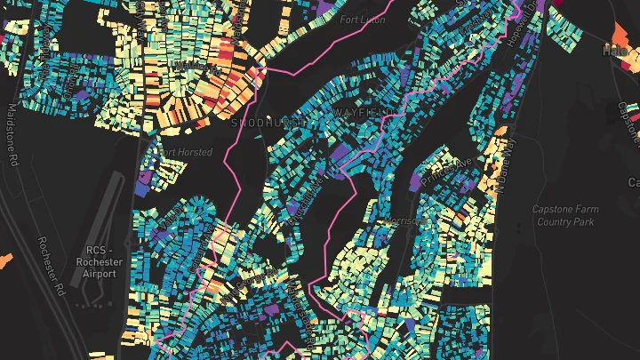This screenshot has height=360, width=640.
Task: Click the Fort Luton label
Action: [x=361, y=20]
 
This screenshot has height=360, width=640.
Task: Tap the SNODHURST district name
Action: [x=264, y=124]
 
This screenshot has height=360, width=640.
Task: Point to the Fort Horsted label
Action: [x=184, y=152]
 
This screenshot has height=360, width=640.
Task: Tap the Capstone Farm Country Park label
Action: [x=564, y=215]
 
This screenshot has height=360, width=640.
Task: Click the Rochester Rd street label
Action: [x=52, y=266]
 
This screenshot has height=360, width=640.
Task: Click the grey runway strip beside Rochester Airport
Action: [x=114, y=204]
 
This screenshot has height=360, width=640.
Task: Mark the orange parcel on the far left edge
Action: [x=5, y=260]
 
